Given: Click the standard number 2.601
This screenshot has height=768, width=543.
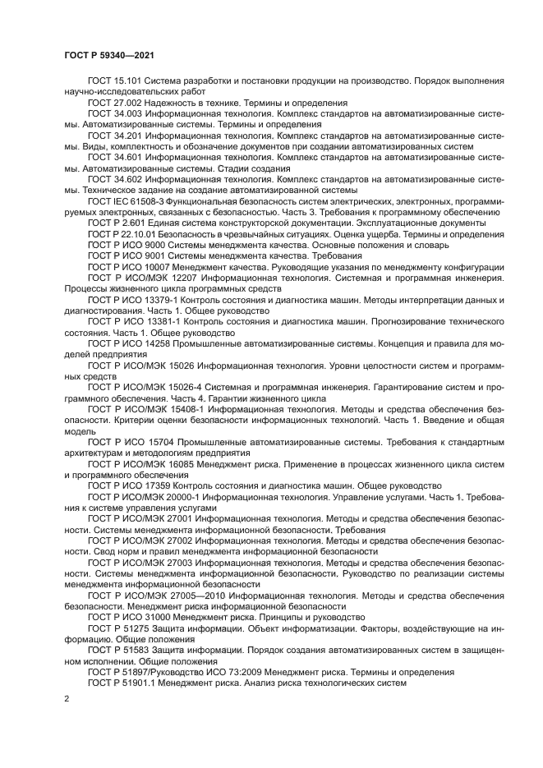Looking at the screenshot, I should point(131,223).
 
